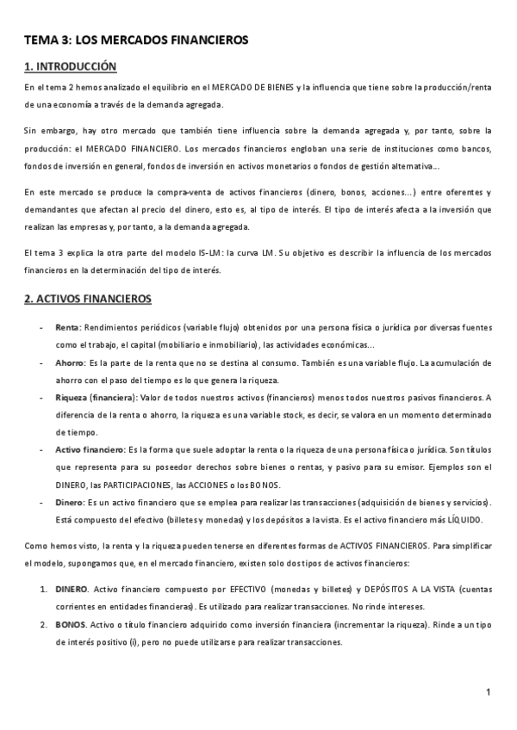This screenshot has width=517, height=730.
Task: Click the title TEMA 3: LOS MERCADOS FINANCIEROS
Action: [135, 40]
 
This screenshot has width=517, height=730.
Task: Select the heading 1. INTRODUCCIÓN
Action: [70, 66]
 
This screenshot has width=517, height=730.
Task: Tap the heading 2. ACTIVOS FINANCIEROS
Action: [88, 299]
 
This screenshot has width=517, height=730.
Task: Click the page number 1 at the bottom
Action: [488, 691]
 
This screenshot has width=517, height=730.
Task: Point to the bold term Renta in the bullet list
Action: [67, 328]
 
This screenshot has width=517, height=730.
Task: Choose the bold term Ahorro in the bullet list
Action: [71, 363]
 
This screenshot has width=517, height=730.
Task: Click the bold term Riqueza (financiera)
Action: [90, 398]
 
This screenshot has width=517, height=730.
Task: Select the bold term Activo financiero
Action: [90, 449]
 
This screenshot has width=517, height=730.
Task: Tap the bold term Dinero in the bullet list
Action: [70, 502]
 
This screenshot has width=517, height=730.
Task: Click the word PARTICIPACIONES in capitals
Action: [131, 485]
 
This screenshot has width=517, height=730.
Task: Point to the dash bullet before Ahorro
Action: [43, 363]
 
